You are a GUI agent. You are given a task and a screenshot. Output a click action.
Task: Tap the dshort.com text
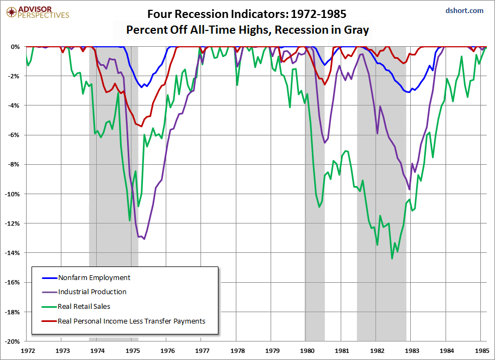click(464, 10)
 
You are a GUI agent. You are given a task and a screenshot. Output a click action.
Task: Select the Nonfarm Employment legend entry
click(94, 277)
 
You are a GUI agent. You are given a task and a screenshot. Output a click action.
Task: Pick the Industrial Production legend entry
click(92, 292)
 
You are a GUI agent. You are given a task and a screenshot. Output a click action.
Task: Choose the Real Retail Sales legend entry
click(84, 307)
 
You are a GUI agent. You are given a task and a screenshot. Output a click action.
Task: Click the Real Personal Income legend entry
click(131, 321)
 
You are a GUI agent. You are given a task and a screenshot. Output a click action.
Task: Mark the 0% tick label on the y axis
click(15, 47)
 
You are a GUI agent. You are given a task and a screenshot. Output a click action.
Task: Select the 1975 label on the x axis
click(132, 351)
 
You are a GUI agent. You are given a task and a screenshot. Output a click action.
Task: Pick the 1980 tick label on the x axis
click(307, 351)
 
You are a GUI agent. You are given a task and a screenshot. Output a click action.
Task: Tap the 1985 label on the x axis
click(480, 351)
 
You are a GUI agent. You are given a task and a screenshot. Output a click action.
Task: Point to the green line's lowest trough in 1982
click(392, 258)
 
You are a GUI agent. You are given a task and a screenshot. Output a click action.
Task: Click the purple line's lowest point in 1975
click(144, 239)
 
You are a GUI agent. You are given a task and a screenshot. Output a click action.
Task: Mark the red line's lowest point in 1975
click(141, 126)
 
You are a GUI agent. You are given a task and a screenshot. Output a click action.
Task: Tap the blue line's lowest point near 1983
click(408, 92)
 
